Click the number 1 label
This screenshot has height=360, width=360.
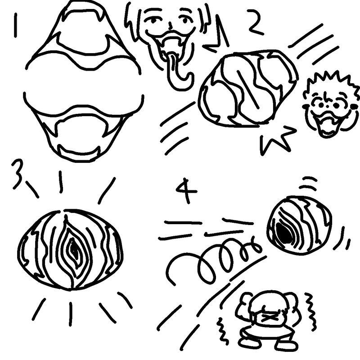coord(15,25)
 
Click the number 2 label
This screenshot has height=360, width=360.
coord(256,22)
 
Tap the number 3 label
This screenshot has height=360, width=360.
coord(18,174)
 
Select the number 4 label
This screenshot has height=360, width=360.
coord(186,191)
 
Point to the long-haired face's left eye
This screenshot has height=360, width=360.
coord(153,21)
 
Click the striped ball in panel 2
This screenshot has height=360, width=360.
coord(248,88)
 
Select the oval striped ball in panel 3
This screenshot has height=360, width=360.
coord(70,250)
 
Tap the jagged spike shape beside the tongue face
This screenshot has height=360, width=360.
coord(217,35)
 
